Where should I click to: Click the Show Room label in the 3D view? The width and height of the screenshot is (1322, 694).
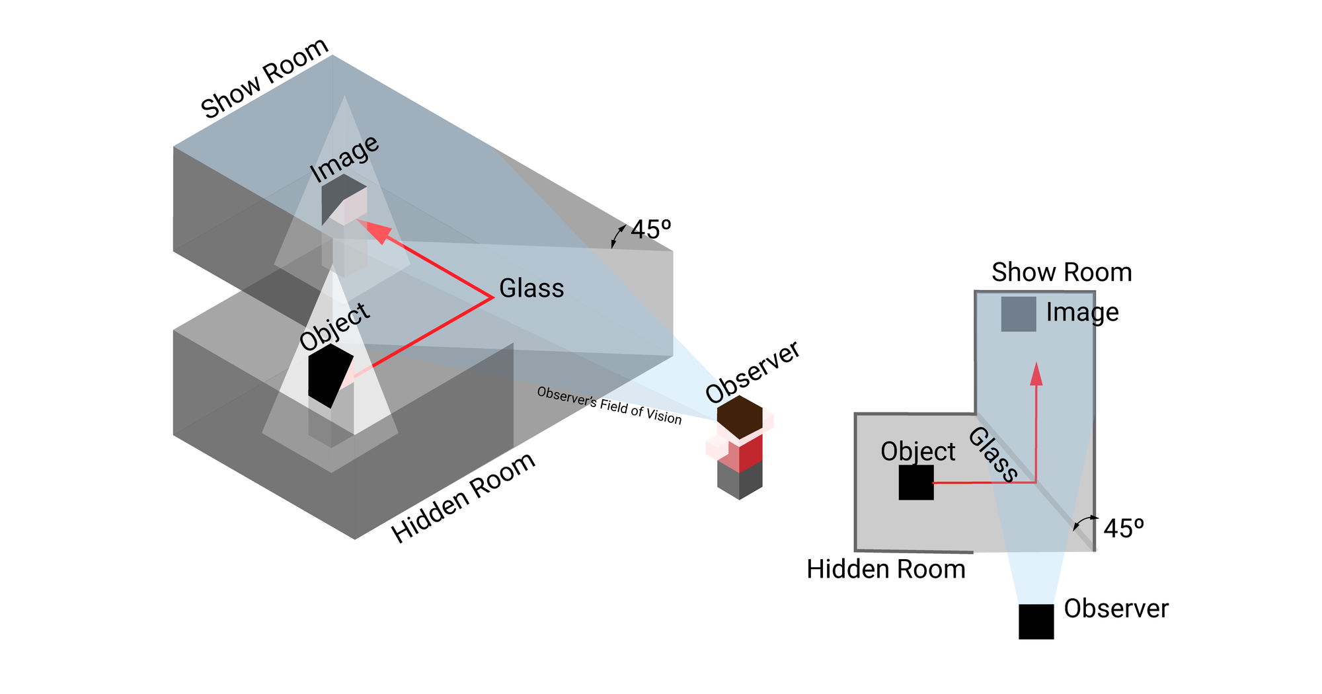[264, 79]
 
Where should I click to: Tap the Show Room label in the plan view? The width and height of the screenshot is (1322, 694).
[1062, 272]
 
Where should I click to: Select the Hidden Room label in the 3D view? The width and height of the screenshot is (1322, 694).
[463, 498]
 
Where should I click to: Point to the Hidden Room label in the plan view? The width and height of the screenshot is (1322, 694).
[886, 569]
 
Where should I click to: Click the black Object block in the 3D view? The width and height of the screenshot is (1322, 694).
[330, 375]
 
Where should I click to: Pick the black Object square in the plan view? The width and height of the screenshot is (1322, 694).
[916, 482]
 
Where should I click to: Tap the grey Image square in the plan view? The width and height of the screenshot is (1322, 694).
[1019, 314]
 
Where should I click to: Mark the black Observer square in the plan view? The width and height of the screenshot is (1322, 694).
[1036, 621]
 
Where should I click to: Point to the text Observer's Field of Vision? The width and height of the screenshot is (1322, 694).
[609, 405]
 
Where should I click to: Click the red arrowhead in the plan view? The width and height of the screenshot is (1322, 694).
[1036, 373]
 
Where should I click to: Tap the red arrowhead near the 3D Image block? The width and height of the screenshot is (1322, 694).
[377, 231]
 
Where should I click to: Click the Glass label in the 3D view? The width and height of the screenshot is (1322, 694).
[531, 288]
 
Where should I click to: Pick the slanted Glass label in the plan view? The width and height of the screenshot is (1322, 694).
[993, 455]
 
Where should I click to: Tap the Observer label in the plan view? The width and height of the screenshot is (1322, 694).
[1116, 609]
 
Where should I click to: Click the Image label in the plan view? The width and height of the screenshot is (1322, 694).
[1082, 312]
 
